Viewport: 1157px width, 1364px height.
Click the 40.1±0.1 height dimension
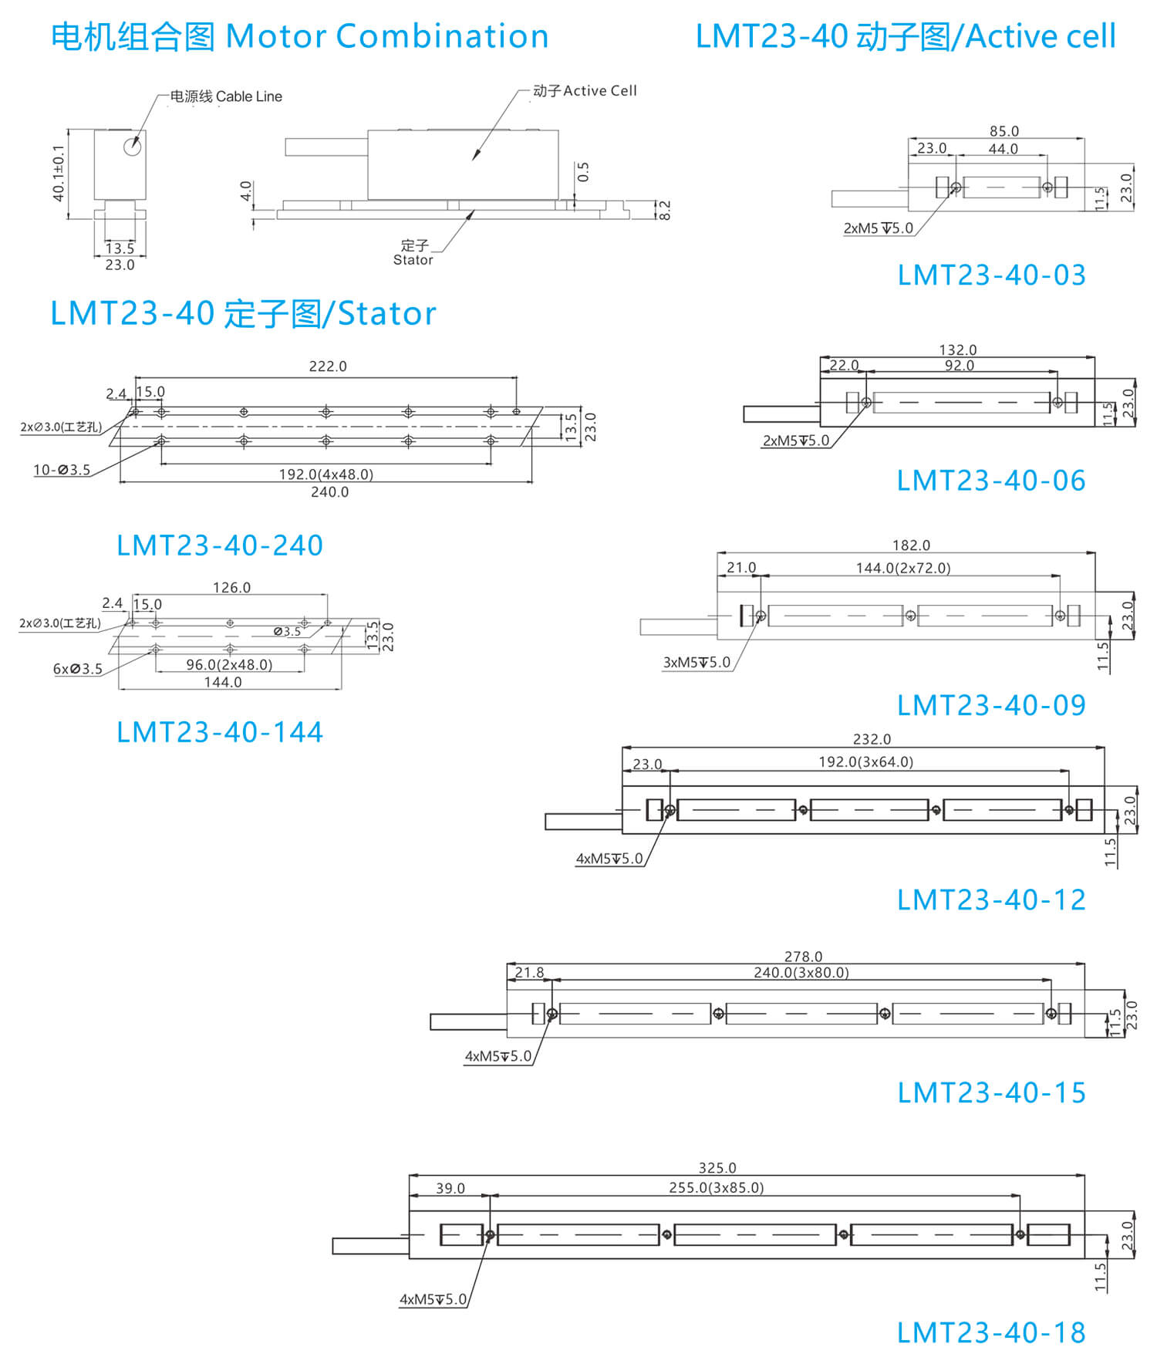point(59,174)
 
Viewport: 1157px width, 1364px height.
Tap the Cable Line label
point(248,96)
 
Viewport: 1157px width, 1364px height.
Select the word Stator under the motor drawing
point(413,260)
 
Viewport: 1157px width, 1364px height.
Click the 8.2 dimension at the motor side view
point(665,210)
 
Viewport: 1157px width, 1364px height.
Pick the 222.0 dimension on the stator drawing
point(328,366)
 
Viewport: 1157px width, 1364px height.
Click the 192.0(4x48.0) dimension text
point(326,474)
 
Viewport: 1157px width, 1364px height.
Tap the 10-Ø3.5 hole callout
point(62,470)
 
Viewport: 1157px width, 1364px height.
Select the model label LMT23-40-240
point(220,545)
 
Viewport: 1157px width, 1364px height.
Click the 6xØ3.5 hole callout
point(77,669)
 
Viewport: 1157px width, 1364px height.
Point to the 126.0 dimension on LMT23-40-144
point(231,588)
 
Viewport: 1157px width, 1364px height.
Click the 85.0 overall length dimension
point(1004,131)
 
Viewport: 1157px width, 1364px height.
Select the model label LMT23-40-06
point(991,481)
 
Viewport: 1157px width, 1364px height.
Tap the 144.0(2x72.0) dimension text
point(902,568)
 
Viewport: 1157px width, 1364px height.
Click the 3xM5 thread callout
point(696,662)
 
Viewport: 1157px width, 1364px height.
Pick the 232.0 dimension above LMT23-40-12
point(872,739)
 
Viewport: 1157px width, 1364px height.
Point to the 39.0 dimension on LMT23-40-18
point(450,1188)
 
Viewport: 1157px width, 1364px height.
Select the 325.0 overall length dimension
point(717,1168)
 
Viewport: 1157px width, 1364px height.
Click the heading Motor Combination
point(386,36)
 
